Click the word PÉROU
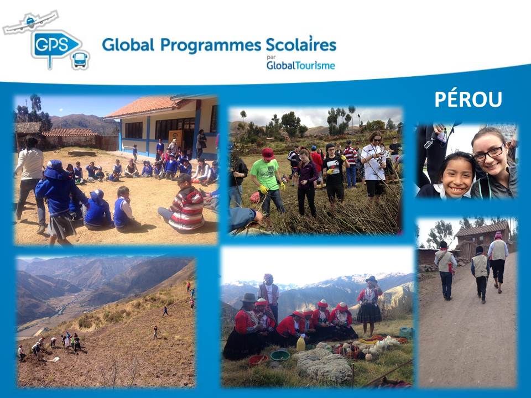(x=468, y=99)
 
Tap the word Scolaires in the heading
(x=301, y=44)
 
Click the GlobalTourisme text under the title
(x=301, y=65)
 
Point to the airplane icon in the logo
(x=30, y=23)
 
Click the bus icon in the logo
(x=80, y=60)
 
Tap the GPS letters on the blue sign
(x=52, y=45)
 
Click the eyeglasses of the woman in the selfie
(x=489, y=153)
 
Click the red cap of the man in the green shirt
(x=268, y=153)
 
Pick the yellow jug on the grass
(x=301, y=343)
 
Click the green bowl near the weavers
(x=280, y=355)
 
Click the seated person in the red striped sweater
(x=183, y=205)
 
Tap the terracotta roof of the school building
(x=145, y=106)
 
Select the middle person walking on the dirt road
(x=480, y=274)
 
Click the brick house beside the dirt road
(x=482, y=239)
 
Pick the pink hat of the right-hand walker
(x=498, y=235)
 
